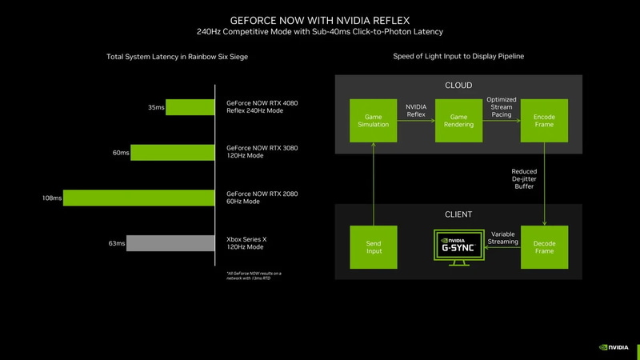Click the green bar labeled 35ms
(x=188, y=107)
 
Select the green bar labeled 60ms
(x=170, y=152)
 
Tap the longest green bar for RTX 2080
(x=137, y=198)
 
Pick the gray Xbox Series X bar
(x=169, y=242)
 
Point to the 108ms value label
(x=52, y=198)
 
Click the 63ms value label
(x=117, y=242)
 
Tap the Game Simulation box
(x=373, y=120)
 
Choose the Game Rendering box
(x=458, y=120)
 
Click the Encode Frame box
(x=544, y=120)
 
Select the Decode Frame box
(x=544, y=246)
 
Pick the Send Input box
(x=373, y=246)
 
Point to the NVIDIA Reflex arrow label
(x=415, y=110)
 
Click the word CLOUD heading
(x=458, y=86)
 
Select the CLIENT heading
(x=458, y=214)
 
